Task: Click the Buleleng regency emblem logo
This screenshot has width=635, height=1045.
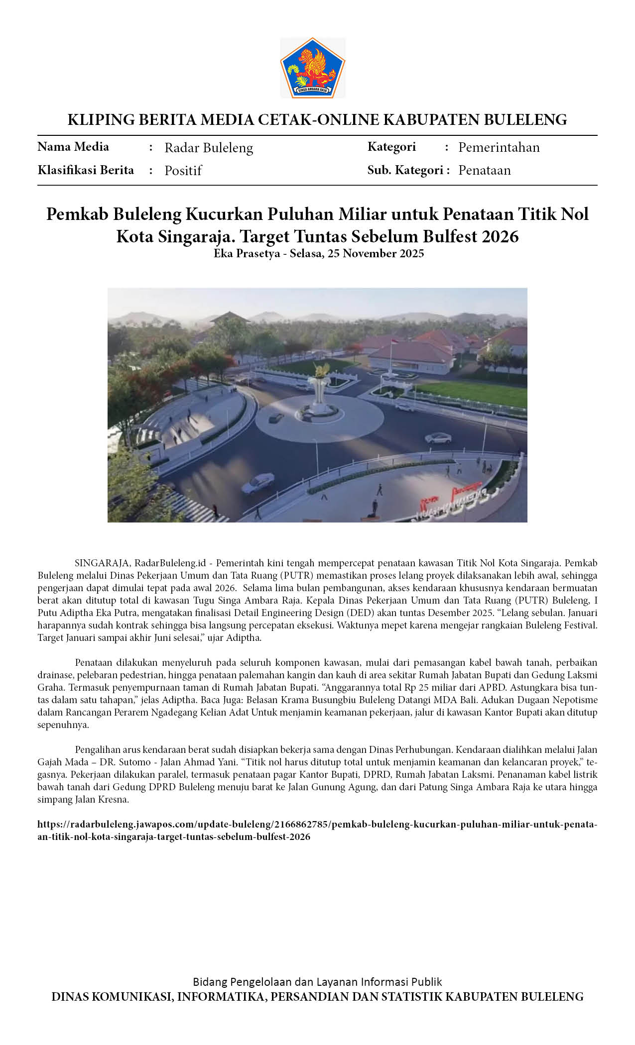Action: tap(312, 68)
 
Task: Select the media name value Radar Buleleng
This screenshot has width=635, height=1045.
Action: tap(209, 148)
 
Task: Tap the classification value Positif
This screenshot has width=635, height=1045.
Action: tap(183, 171)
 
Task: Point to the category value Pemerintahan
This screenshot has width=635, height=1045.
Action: tap(499, 147)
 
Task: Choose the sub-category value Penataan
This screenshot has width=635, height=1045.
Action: tap(484, 170)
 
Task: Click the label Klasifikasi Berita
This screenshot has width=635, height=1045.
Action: tap(86, 170)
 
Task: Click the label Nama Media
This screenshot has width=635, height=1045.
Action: tap(73, 147)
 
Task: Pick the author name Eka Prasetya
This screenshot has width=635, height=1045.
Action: tap(247, 253)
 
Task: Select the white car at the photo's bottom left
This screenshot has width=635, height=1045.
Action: tap(257, 482)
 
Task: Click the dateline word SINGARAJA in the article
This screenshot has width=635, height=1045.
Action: tap(103, 563)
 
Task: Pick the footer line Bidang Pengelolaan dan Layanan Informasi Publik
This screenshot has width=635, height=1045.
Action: tap(317, 982)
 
